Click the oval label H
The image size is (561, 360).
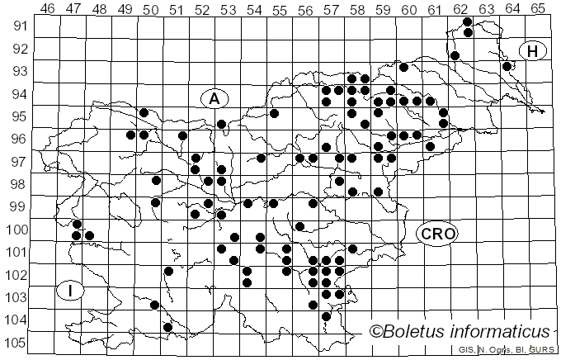pyautogui.click(x=533, y=51)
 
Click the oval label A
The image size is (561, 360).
pyautogui.click(x=214, y=98)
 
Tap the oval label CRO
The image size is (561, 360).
pyautogui.click(x=437, y=234)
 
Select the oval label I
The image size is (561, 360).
pyautogui.click(x=71, y=290)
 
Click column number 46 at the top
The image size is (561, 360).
pyautogui.click(x=48, y=8)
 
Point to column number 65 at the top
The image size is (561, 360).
pyautogui.click(x=537, y=8)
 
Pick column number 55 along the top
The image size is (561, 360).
pyautogui.click(x=280, y=8)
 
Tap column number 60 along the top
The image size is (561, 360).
pyautogui.click(x=408, y=8)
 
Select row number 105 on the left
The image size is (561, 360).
pyautogui.click(x=16, y=343)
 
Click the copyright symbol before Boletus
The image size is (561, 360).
pyautogui.click(x=375, y=331)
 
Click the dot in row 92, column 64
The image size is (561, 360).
pyautogui.click(x=507, y=66)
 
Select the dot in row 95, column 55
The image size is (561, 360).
pyautogui.click(x=274, y=113)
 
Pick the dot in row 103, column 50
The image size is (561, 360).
pyautogui.click(x=154, y=305)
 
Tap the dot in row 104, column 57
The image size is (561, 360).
pyautogui.click(x=326, y=316)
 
